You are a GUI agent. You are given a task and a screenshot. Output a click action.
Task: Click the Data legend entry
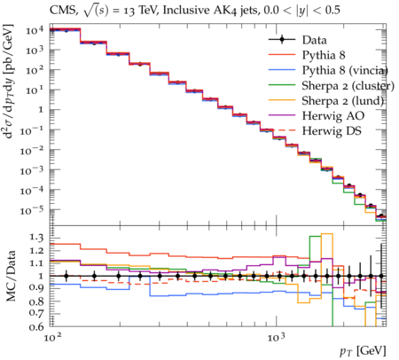[314, 40]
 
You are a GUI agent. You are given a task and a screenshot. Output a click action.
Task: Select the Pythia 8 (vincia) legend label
[345, 70]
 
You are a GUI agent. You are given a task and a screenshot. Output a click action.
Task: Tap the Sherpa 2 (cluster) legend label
[348, 86]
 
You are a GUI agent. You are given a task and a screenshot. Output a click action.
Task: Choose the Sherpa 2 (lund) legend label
[343, 101]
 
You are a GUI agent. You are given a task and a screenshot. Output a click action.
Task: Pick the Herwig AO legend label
[333, 116]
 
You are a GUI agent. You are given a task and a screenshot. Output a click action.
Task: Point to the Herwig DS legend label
[332, 131]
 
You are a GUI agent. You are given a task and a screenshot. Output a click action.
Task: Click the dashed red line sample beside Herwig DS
[282, 130]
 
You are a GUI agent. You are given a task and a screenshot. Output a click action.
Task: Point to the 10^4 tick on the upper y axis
[35, 30]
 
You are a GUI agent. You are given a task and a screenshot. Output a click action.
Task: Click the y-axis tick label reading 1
[41, 110]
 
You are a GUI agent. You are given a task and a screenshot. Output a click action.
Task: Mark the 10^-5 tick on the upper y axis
[32, 209]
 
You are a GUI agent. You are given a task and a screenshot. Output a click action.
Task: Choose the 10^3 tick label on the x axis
[277, 337]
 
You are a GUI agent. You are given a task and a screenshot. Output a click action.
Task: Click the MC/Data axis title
[11, 276]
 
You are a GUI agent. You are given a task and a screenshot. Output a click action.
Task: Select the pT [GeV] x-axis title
[363, 351]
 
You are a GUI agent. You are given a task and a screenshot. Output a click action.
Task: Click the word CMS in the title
[63, 11]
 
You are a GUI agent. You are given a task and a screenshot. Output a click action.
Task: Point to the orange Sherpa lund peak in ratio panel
[327, 234]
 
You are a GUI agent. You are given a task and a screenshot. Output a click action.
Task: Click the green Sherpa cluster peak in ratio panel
[315, 236]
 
